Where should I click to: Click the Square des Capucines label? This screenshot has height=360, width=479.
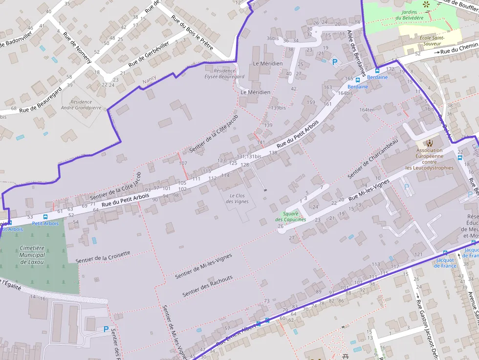point(290,216)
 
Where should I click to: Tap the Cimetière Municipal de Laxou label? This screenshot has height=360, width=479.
point(32,255)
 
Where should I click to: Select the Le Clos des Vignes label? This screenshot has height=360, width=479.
point(239,198)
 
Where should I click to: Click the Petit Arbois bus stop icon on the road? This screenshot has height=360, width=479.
point(45,217)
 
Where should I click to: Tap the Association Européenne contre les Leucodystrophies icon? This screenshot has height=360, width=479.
point(430,143)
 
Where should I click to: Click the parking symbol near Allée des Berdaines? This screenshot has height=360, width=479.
point(335,62)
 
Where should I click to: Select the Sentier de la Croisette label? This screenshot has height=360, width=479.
point(103,256)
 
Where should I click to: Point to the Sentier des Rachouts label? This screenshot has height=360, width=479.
point(207,287)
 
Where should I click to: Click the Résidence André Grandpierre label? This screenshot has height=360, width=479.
point(81,105)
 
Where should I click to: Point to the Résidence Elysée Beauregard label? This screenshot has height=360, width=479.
point(224,73)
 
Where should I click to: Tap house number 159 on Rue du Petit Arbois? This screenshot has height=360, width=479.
point(311,102)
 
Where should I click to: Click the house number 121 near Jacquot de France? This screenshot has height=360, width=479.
point(418,254)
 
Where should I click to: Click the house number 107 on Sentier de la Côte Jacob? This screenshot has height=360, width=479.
point(183,163)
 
